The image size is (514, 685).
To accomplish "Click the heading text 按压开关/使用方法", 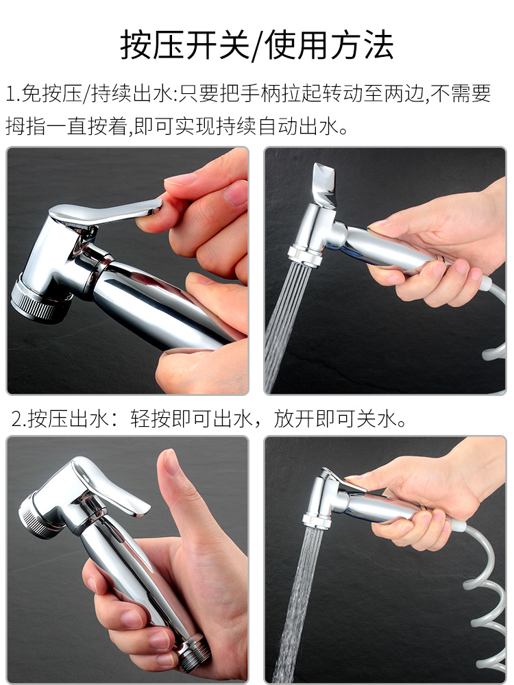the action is click(x=257, y=45).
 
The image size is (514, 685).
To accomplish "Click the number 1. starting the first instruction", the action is click(x=13, y=93).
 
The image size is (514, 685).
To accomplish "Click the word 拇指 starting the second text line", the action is click(x=25, y=126).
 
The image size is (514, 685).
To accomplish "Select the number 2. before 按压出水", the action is click(x=20, y=419).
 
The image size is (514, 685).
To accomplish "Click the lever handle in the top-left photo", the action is click(x=105, y=212).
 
